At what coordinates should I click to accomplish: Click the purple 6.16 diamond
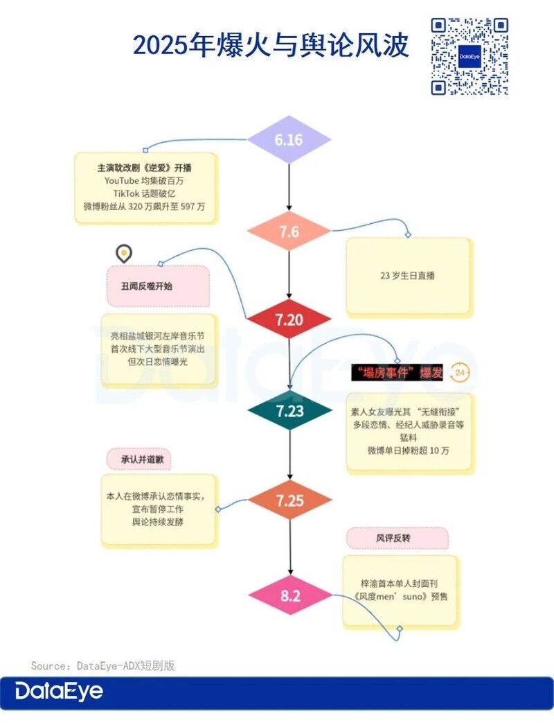coord(289,139)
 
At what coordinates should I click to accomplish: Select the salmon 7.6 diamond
coord(289,232)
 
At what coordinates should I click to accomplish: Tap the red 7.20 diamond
coord(289,319)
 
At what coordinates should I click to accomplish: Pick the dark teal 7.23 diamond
coord(289,410)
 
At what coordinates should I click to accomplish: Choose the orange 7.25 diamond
coord(289,500)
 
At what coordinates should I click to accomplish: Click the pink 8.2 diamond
coord(290,595)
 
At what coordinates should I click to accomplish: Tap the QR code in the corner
coord(470,56)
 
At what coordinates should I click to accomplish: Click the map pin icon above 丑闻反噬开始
coord(123,254)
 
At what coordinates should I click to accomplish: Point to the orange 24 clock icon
coord(459,372)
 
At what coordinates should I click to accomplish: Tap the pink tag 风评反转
coord(397,538)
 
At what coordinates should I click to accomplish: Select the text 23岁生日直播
coord(407,276)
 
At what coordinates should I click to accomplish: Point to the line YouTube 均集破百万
coord(144,180)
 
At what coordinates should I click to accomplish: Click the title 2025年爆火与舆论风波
coord(271,45)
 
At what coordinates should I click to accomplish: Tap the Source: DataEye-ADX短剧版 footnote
coord(103,665)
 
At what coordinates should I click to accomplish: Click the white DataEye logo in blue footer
coord(59,691)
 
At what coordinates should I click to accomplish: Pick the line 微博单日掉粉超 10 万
coord(408,451)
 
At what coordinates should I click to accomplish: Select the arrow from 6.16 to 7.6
coord(289,187)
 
